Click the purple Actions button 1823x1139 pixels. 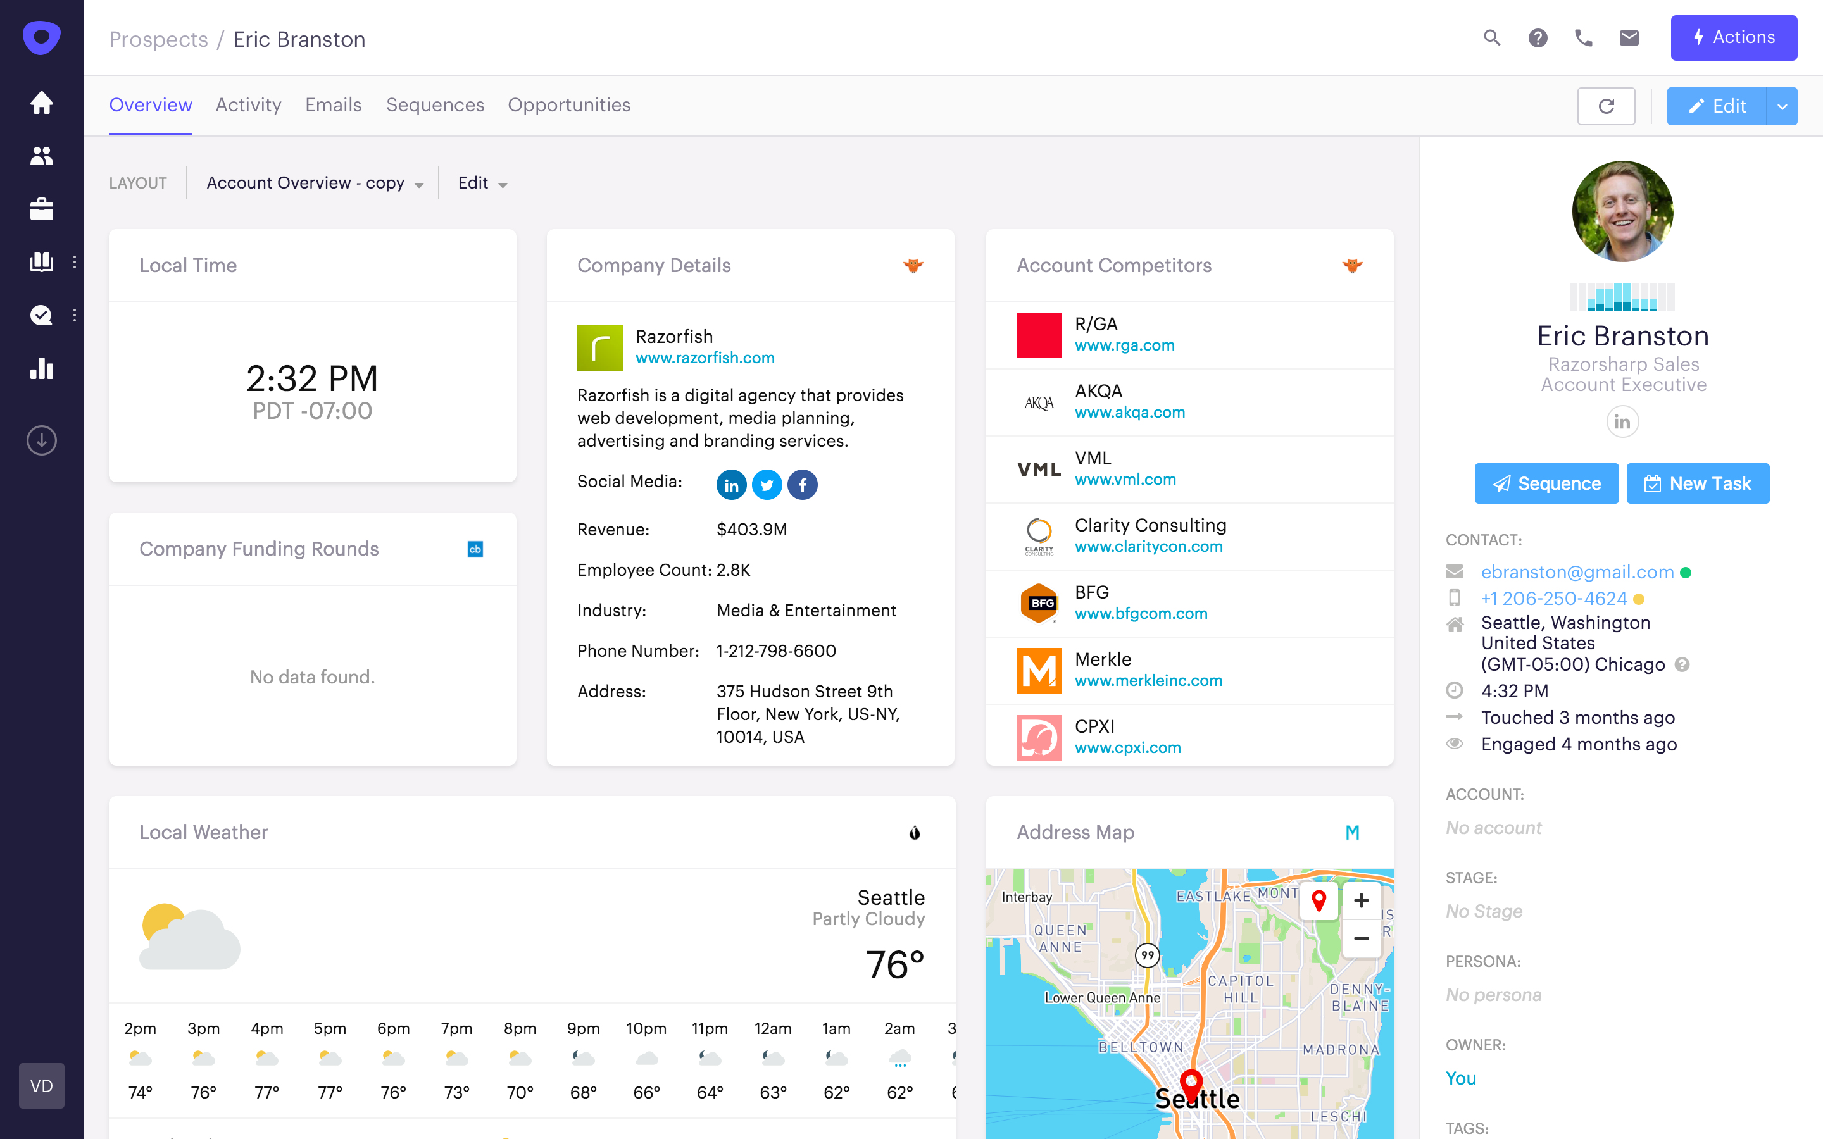tap(1732, 38)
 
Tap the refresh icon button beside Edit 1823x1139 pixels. tap(1605, 106)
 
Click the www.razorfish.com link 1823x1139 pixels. tap(705, 358)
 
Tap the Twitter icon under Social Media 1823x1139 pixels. tap(766, 485)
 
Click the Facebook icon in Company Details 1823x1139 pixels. tap(802, 485)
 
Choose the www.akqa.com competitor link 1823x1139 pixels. tap(1129, 412)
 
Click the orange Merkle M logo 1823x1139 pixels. tap(1039, 669)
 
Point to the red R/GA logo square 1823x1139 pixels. tap(1039, 335)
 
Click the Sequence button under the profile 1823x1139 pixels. tap(1546, 483)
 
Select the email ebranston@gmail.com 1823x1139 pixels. tap(1577, 572)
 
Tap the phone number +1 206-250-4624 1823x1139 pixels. tap(1553, 598)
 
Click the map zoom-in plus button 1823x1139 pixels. tap(1360, 900)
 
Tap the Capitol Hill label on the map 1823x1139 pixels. tap(1241, 988)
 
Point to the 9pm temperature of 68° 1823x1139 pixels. tap(583, 1092)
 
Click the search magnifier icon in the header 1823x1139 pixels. tap(1491, 38)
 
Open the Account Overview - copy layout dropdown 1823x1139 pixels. tap(314, 183)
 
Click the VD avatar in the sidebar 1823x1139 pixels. tap(41, 1085)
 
